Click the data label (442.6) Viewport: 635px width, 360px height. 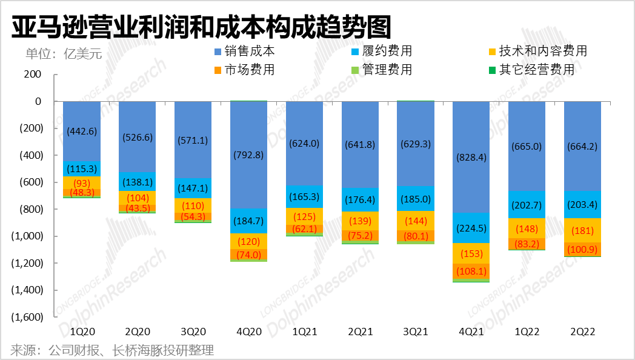[82, 131]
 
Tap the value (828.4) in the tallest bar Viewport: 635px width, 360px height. [471, 158]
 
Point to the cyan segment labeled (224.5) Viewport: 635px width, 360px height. [471, 228]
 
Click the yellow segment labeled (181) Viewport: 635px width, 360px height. [582, 230]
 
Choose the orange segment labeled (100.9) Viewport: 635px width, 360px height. [582, 250]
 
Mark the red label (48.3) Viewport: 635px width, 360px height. [82, 192]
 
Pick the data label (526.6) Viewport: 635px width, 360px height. [137, 137]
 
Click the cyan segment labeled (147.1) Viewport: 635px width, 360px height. [193, 188]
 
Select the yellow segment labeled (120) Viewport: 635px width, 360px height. [248, 242]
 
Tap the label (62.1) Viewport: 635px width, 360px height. [304, 229]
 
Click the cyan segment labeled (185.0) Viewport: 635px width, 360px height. [416, 199]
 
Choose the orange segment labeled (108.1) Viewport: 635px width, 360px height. [471, 272]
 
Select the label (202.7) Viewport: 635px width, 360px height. [527, 205]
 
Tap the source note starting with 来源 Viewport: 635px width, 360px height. [112, 350]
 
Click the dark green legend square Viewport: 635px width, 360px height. [493, 70]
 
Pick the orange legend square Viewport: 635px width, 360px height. [218, 70]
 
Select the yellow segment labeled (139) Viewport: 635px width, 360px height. [360, 221]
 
